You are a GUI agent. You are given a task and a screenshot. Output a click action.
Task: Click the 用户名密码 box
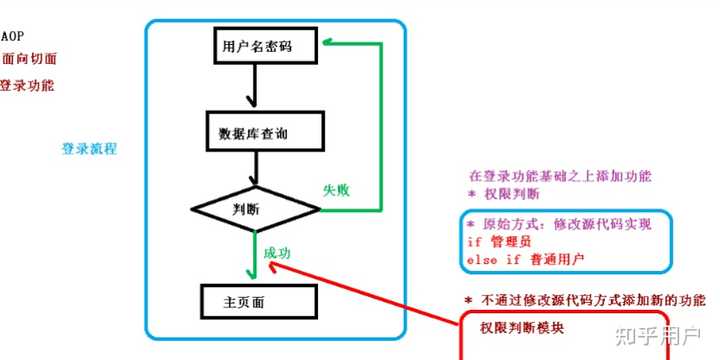[266, 44]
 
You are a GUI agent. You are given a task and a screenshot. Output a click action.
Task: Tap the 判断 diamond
[248, 209]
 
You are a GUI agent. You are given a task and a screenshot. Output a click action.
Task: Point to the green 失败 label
[336, 189]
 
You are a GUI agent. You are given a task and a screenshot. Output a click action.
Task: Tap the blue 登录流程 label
[89, 148]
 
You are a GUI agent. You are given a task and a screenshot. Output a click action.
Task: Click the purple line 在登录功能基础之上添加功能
[560, 176]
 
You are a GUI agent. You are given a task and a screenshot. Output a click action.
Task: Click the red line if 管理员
[498, 242]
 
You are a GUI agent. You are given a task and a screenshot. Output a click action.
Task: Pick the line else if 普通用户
[525, 260]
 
